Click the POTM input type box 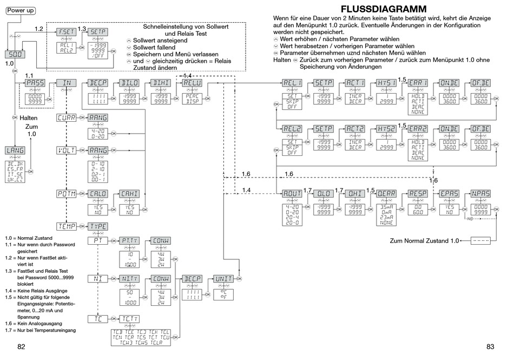pos(67,193)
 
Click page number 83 pos(491,347)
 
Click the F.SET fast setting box pos(66,32)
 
